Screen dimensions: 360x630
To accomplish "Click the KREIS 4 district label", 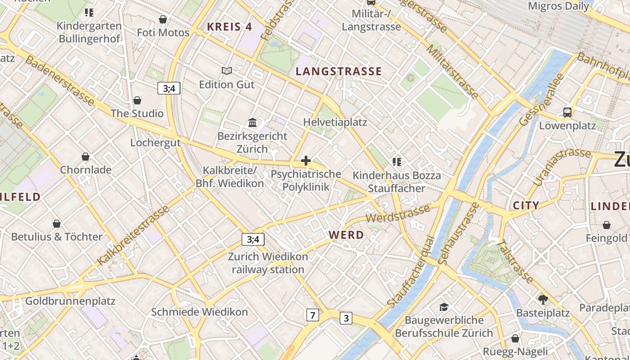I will point(229,27).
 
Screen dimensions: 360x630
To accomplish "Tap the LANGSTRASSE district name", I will point(339,71).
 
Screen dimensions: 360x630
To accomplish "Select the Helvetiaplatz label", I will point(335,122).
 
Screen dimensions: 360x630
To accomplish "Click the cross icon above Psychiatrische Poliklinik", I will point(306,160).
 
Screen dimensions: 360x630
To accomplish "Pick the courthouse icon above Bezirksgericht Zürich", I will point(252,122).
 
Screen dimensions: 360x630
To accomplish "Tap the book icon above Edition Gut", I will point(227,71).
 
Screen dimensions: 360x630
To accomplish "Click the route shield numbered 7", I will point(312,315).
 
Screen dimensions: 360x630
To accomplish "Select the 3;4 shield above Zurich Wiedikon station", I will point(253,239).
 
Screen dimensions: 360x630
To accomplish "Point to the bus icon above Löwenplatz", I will point(567,112).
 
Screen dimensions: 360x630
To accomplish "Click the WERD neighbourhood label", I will point(346,235).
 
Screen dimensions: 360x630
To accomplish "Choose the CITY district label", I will point(526,206).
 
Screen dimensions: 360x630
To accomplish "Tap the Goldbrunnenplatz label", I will point(70,301).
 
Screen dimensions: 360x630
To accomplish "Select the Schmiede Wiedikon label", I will point(199,312).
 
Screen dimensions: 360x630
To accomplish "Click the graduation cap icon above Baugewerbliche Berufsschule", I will point(444,307).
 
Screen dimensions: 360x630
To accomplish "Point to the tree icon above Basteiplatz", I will point(543,299).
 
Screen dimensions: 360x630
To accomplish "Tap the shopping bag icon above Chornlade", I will point(85,157).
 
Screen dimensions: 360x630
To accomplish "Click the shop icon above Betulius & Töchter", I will point(57,224).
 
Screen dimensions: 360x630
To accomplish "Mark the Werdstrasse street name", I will point(398,213).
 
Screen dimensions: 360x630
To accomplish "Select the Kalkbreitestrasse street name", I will point(133,235).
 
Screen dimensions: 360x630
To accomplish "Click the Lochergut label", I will point(155,143).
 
